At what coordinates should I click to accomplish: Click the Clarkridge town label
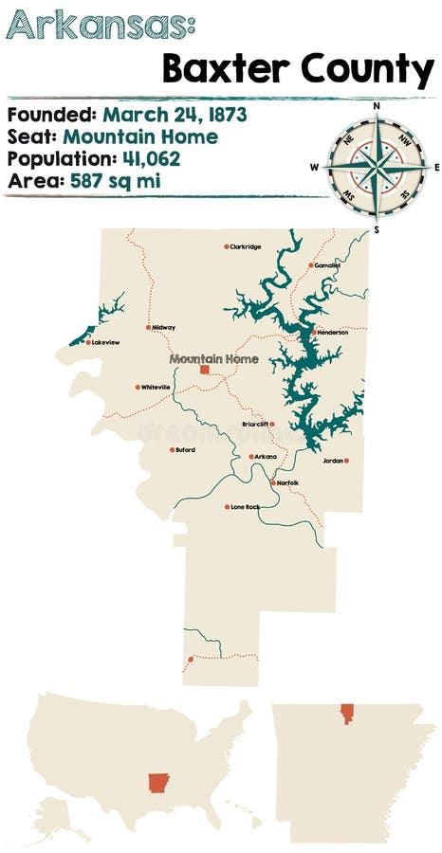coord(245,246)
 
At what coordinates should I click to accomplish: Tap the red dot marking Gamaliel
coord(310,265)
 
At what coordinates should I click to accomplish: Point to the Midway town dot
coord(148,328)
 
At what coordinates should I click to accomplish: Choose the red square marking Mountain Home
coord(204,371)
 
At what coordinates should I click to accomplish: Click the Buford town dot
coord(172,450)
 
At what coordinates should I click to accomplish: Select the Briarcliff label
coord(255,425)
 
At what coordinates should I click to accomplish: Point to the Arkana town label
coord(267,457)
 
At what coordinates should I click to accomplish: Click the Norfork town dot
coord(273,483)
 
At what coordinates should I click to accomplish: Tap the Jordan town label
coord(332,461)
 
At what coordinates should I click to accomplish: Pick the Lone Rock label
coord(246,507)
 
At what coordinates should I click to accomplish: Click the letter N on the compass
coord(377,106)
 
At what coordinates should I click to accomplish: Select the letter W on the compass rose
coord(314,167)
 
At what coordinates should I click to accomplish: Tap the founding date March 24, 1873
coord(175,115)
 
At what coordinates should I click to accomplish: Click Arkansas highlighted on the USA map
coord(158,783)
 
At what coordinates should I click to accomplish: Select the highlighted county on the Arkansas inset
coord(346,714)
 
